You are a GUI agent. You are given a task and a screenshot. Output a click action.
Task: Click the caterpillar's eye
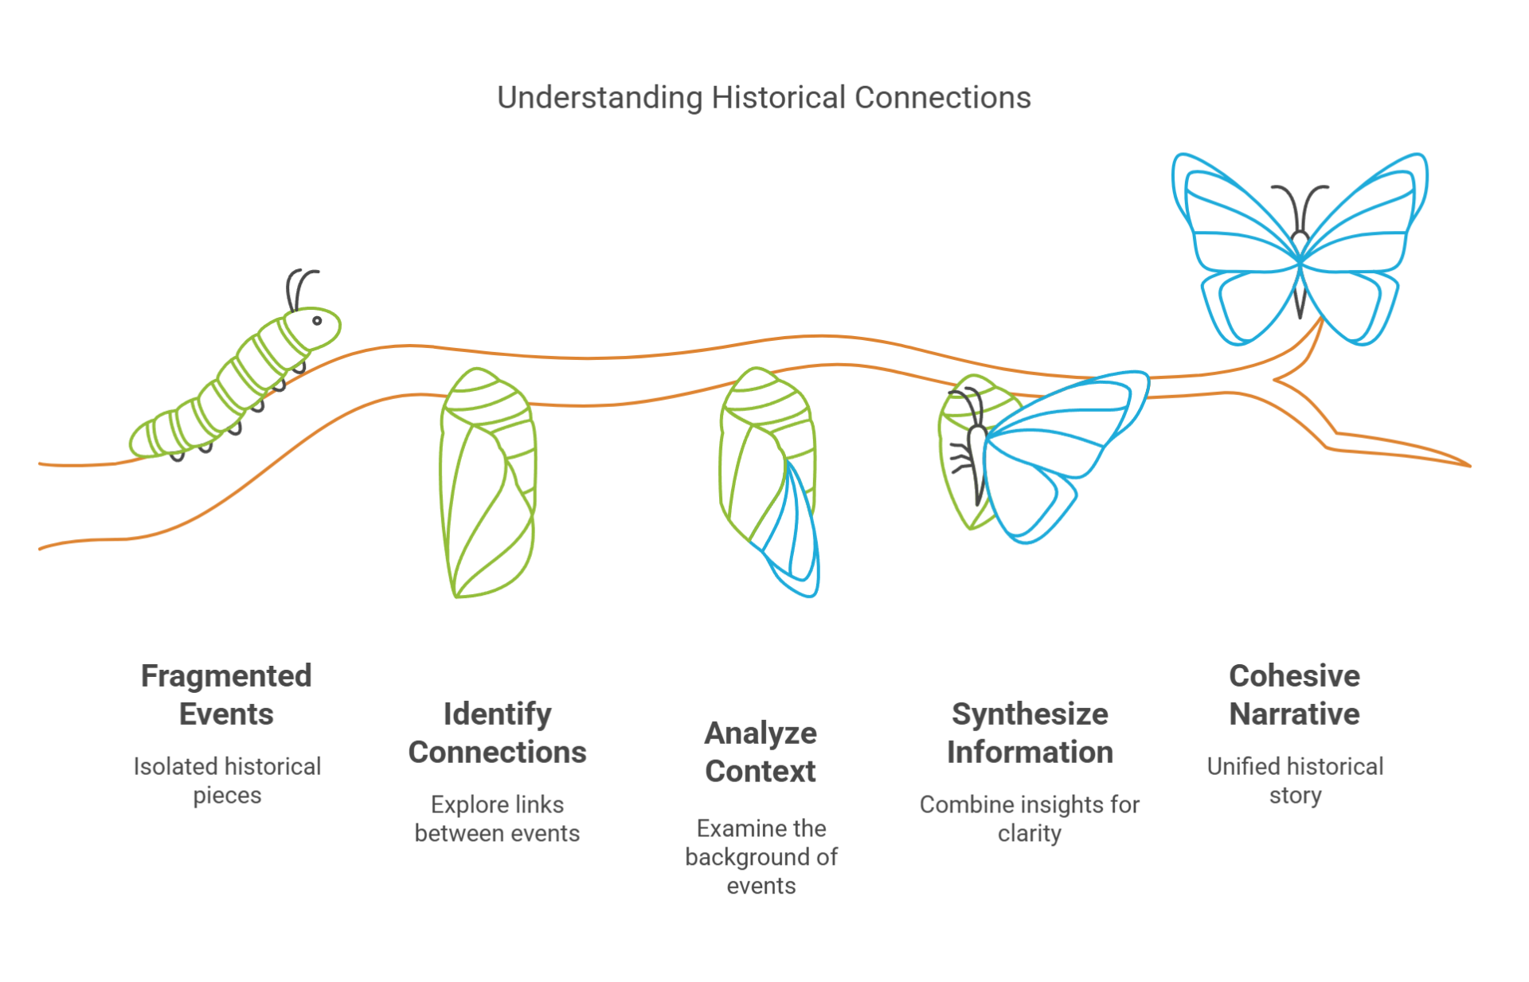click(x=317, y=321)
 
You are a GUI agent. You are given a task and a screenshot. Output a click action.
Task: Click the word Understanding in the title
click(x=599, y=98)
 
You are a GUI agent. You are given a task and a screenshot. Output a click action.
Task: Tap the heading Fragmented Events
click(x=226, y=694)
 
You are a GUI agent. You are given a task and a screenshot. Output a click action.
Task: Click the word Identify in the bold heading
click(x=497, y=714)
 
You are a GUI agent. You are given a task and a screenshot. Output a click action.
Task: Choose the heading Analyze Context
click(x=761, y=752)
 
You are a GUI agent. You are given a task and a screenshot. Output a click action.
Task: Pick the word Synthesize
click(x=1030, y=714)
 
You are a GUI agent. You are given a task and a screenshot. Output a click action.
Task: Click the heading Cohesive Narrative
click(x=1294, y=694)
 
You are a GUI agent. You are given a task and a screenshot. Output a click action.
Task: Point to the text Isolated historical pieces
click(x=227, y=781)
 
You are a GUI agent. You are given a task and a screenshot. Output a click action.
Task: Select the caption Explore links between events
click(x=497, y=819)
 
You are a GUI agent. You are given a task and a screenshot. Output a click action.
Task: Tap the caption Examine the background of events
click(x=761, y=857)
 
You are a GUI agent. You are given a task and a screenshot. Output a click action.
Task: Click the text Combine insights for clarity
click(x=1029, y=819)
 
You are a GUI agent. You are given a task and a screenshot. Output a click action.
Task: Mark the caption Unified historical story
click(x=1295, y=781)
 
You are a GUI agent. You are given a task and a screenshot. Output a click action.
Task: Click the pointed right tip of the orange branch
click(x=1467, y=465)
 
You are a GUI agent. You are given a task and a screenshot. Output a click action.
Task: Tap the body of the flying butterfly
click(x=1300, y=271)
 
